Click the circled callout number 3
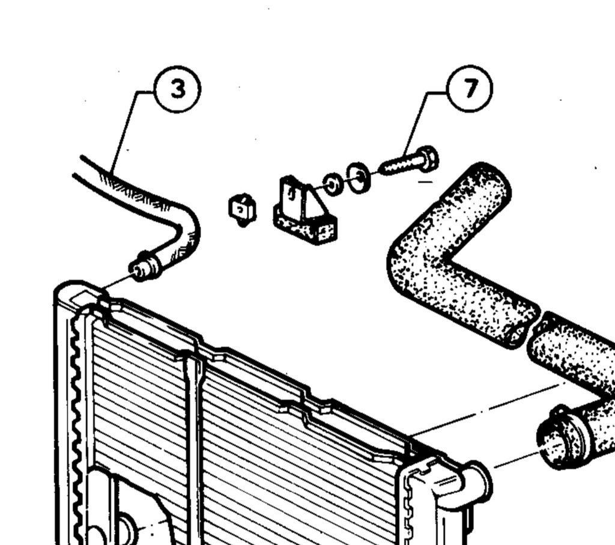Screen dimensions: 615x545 [178, 89]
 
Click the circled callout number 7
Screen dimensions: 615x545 [470, 88]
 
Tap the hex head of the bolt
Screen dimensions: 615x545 [428, 158]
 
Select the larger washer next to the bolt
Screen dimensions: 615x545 [359, 178]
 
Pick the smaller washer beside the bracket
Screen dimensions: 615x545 [333, 184]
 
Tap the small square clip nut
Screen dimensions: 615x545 [242, 210]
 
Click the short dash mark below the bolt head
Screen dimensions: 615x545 [425, 181]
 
